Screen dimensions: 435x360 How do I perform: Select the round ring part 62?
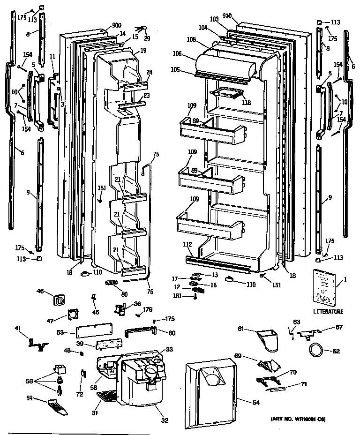[x=316, y=350]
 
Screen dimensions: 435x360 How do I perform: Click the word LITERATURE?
[x=328, y=311]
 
